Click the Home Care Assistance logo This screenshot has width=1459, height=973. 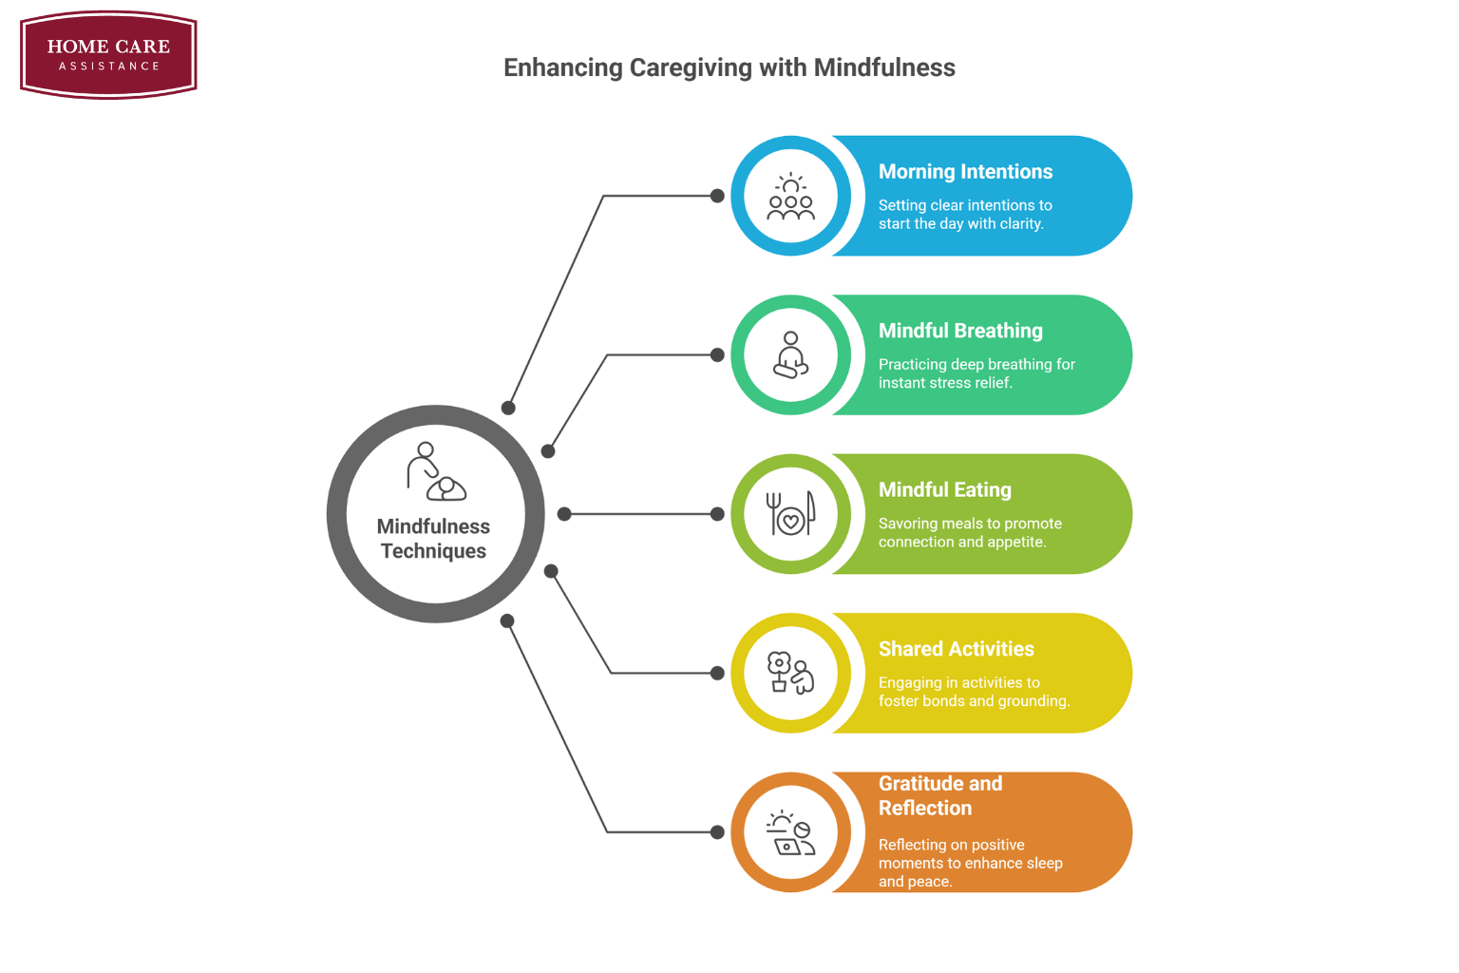[108, 54]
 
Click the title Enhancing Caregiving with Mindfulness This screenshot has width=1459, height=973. [729, 67]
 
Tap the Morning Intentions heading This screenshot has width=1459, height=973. [965, 172]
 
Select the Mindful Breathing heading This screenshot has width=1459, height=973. [960, 331]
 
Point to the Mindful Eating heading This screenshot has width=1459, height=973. [944, 490]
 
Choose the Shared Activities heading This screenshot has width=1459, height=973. [956, 649]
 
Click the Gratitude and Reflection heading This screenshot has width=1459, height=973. [939, 796]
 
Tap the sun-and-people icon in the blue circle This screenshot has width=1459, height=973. [791, 197]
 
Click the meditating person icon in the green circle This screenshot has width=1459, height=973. [791, 355]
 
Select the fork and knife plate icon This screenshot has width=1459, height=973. [791, 514]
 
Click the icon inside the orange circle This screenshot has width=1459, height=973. [791, 832]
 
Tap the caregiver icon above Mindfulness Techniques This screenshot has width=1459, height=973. [435, 471]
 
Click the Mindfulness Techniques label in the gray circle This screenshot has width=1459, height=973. [433, 539]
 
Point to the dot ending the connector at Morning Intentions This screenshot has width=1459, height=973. [717, 196]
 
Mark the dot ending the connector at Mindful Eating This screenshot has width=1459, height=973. [717, 514]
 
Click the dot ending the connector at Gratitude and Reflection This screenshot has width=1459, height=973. [717, 832]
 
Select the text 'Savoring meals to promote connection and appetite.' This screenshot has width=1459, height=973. [970, 533]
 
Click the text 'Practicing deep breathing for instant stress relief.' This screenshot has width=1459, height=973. [976, 373]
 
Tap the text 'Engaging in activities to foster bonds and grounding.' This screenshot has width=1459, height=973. [974, 692]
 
